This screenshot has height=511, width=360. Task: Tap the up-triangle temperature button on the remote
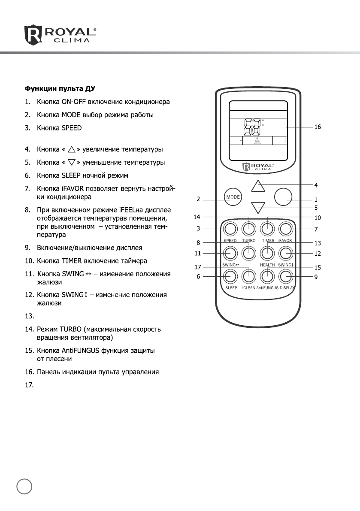pos(257,186)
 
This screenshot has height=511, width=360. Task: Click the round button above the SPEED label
pos(230,229)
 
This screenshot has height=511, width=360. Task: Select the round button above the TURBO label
pos(249,229)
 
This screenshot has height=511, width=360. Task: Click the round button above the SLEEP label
pos(230,276)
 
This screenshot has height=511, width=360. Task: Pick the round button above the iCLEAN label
pos(249,276)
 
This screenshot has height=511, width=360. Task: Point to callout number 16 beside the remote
pos(318,127)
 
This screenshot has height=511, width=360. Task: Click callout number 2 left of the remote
pos(198,199)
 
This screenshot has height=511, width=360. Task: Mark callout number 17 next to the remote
pos(198,267)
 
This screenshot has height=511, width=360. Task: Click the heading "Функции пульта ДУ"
pos(59,89)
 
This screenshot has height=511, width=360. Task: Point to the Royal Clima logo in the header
pos(60,35)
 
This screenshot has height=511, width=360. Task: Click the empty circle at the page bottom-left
pos(24,487)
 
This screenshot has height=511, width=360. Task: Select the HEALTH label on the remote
pos(267,266)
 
